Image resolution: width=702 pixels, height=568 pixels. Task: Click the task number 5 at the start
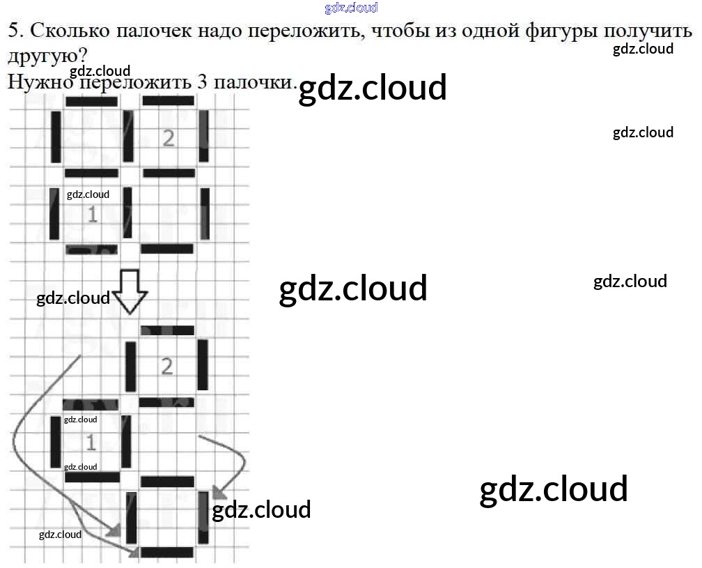pyautogui.click(x=13, y=31)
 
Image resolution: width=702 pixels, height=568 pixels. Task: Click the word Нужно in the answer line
pyautogui.click(x=40, y=82)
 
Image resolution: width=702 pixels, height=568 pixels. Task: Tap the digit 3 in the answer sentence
pyautogui.click(x=203, y=82)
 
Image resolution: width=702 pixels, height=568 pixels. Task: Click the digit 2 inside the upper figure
pyautogui.click(x=168, y=138)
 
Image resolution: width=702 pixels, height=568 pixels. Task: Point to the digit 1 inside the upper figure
pyautogui.click(x=92, y=214)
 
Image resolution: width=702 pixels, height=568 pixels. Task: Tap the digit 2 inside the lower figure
pyautogui.click(x=166, y=366)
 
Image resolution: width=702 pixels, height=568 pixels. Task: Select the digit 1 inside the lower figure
pyautogui.click(x=91, y=442)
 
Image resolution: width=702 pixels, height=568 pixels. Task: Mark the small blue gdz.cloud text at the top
pyautogui.click(x=351, y=8)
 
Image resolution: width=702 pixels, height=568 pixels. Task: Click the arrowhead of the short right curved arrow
pyautogui.click(x=219, y=493)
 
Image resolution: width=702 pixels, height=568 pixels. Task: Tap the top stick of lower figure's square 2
pyautogui.click(x=167, y=330)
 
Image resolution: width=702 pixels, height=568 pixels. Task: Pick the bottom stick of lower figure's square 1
pyautogui.click(x=92, y=477)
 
